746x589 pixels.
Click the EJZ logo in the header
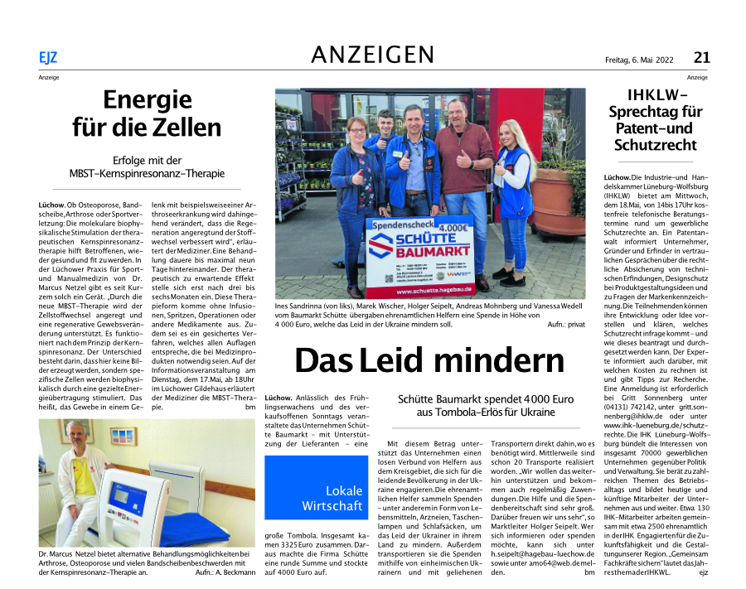pos(47,57)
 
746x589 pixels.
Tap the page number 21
pos(701,57)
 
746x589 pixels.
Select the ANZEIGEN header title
pos(372,55)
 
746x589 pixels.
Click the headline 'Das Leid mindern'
pos(429,360)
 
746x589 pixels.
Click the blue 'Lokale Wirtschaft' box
pos(332,498)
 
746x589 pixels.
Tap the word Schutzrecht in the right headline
pos(654,145)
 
